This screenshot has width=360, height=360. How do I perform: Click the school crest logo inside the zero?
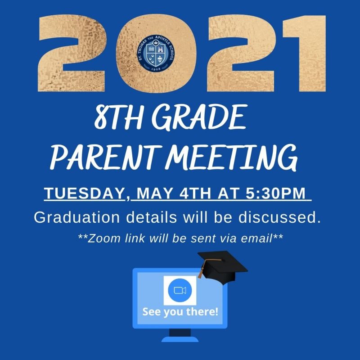(156, 53)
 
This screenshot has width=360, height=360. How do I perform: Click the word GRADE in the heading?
(199, 117)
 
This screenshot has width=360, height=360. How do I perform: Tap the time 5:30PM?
(275, 193)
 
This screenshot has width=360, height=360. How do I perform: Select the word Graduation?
(77, 217)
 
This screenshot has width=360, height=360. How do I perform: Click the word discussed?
(279, 217)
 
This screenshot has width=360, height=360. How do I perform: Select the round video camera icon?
(180, 290)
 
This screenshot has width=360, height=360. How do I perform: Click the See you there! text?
(180, 312)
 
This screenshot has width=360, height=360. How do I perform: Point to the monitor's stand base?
(180, 339)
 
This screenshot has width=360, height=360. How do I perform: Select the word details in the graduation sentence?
(152, 217)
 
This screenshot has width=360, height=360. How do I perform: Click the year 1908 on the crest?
(156, 69)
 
